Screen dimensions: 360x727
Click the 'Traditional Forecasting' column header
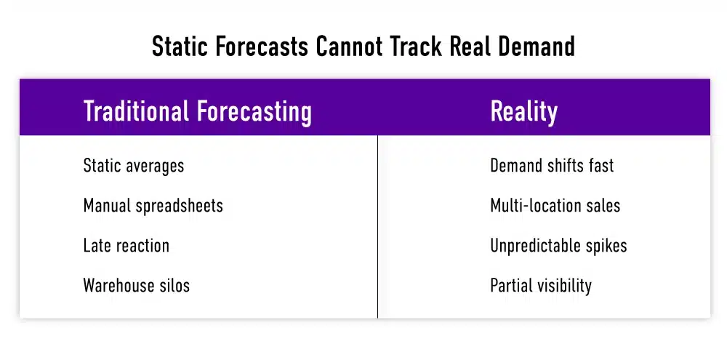pos(197,112)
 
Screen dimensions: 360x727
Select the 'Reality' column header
pos(523,112)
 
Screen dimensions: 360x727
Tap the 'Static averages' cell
pos(134,166)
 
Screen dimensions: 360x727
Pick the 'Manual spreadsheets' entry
pos(153,206)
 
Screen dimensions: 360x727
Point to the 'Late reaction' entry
pos(126,246)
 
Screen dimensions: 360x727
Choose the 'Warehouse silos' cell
pos(136,286)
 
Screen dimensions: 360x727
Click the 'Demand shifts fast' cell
pos(552,166)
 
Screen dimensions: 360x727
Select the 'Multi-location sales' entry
pos(555,206)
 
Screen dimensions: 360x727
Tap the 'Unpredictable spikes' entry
pos(558,246)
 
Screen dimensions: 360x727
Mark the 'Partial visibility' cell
pos(541,286)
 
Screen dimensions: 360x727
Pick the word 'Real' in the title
pos(468,47)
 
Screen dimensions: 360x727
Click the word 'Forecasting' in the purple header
pos(254,112)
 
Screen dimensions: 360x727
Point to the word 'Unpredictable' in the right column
pos(534,246)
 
